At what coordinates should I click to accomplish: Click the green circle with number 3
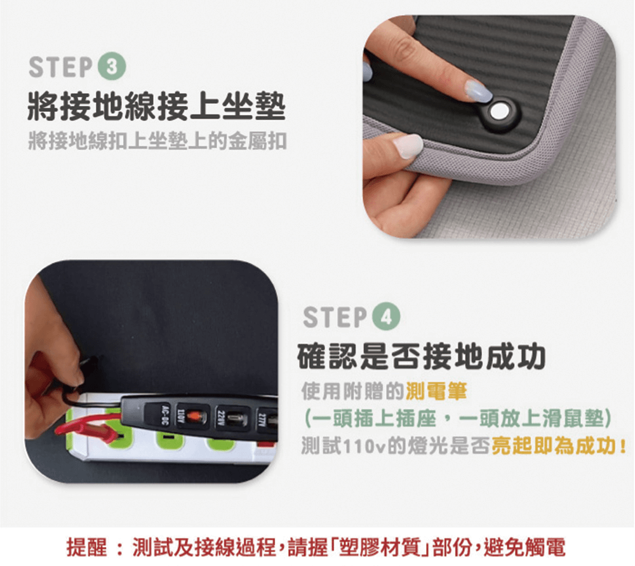click(x=112, y=67)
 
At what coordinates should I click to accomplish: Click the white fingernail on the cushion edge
click(x=408, y=145)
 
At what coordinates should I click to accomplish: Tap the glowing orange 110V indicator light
click(x=196, y=416)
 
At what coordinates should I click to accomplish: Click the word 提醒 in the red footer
click(x=87, y=548)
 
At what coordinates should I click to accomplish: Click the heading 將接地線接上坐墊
click(x=157, y=107)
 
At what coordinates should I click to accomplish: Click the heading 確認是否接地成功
click(x=421, y=356)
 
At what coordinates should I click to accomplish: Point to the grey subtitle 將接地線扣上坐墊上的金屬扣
click(x=157, y=141)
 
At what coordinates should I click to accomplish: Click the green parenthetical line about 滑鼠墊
click(x=458, y=419)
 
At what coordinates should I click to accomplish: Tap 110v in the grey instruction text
click(x=365, y=447)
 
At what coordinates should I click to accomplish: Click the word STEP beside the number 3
click(x=61, y=67)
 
